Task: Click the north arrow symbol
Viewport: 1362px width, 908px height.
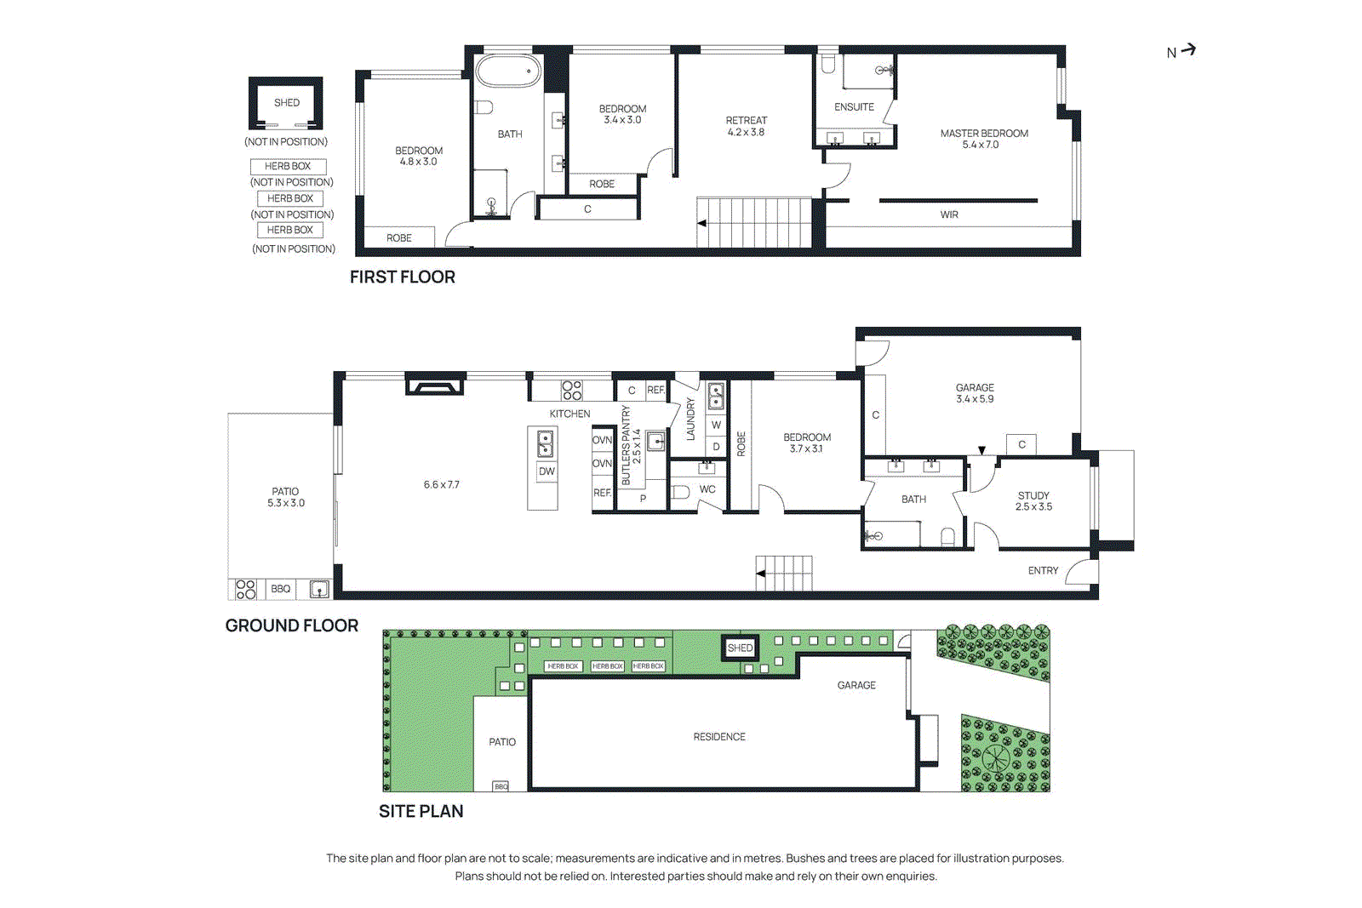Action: pyautogui.click(x=1188, y=50)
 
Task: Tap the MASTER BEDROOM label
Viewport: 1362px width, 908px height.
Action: pyautogui.click(x=983, y=139)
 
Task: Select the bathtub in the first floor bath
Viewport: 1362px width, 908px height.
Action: pyautogui.click(x=508, y=71)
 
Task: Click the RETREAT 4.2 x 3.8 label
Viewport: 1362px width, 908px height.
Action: pyautogui.click(x=746, y=126)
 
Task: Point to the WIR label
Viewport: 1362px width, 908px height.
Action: pyautogui.click(x=949, y=214)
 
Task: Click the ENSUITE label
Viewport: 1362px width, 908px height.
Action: pyautogui.click(x=854, y=107)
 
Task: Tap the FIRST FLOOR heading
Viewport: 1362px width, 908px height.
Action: pyautogui.click(x=402, y=277)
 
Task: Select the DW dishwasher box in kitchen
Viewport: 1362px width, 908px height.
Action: pyautogui.click(x=546, y=471)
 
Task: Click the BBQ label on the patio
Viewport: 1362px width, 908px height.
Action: pyautogui.click(x=280, y=589)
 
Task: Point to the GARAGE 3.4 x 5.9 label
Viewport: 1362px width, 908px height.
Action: pyautogui.click(x=975, y=393)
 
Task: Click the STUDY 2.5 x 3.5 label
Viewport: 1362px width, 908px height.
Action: pyautogui.click(x=1033, y=501)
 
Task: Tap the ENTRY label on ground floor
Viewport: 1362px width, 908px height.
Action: pyautogui.click(x=1043, y=570)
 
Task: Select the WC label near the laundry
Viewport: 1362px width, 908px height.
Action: pyautogui.click(x=707, y=489)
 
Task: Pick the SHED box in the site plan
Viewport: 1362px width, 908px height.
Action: pyautogui.click(x=740, y=648)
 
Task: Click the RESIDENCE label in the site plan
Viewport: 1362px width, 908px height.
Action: pyautogui.click(x=718, y=737)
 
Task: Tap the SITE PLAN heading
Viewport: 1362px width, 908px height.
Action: pyautogui.click(x=421, y=811)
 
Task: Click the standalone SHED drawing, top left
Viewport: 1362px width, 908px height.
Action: pyautogui.click(x=286, y=103)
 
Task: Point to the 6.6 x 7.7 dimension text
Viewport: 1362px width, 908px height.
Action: pyautogui.click(x=441, y=485)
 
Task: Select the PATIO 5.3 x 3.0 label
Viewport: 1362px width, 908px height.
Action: pyautogui.click(x=285, y=497)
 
